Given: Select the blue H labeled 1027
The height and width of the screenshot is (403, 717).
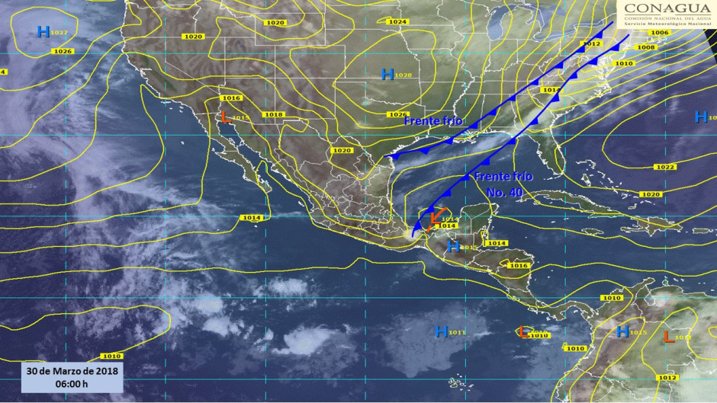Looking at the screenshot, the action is coord(43,31).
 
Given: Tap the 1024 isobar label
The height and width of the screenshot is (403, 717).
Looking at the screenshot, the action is coord(397,22).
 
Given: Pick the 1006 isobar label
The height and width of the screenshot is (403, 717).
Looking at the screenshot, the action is coord(660,33).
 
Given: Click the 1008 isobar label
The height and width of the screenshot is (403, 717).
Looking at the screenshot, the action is coord(645,47).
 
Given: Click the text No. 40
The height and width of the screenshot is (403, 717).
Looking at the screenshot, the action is coord(505,192).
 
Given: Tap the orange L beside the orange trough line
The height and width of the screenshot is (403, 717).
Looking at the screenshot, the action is coord(433,216).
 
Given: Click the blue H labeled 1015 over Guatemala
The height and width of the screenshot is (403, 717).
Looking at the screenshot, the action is coord(453,246).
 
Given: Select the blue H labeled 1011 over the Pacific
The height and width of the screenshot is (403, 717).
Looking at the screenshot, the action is coord(441,331).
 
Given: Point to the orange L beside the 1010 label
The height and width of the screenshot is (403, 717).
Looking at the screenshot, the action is coord(522,331).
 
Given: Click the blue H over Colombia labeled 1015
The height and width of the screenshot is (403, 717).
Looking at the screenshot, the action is coord(622,331).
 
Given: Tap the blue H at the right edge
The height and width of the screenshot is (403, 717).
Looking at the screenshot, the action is coord(700,117).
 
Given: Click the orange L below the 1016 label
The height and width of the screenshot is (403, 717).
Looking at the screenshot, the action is coord(225,117).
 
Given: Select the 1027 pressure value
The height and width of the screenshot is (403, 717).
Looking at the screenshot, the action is coord(60,33).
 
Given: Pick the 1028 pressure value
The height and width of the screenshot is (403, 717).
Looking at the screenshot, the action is coord(404,75).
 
